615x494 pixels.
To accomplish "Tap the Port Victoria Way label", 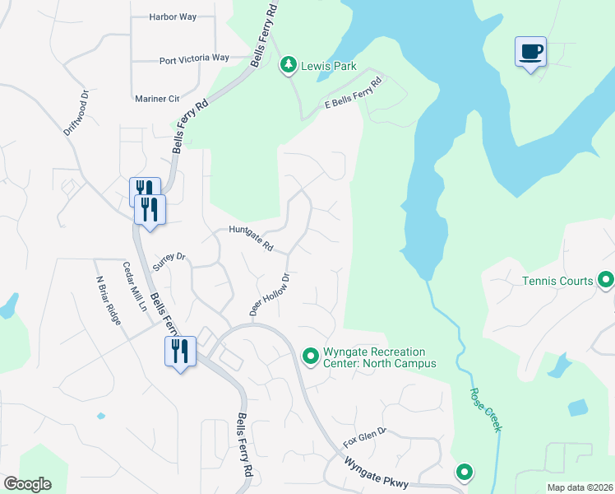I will (x=194, y=58).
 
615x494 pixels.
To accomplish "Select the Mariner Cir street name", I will (x=157, y=99).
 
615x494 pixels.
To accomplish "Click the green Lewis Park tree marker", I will (x=288, y=64).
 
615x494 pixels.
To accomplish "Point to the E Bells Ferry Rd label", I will (x=355, y=92).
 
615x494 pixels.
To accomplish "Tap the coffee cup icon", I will (x=530, y=52).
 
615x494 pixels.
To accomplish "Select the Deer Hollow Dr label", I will (x=271, y=295).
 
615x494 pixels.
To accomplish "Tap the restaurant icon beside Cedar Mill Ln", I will (x=178, y=352).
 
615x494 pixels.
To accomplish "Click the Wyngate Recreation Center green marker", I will (x=311, y=356).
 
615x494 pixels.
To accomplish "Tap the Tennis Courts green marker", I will (x=607, y=281).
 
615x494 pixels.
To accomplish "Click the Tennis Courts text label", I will (x=557, y=281).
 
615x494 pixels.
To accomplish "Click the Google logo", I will (x=27, y=484).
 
